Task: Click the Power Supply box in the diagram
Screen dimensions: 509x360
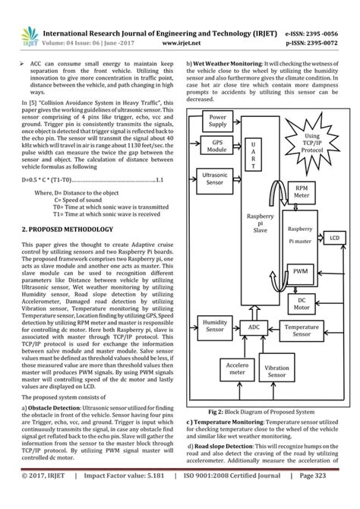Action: pos(217,121)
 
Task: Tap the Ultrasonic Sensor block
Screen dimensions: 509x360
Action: pos(216,179)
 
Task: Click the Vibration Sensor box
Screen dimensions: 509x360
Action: pos(277,371)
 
